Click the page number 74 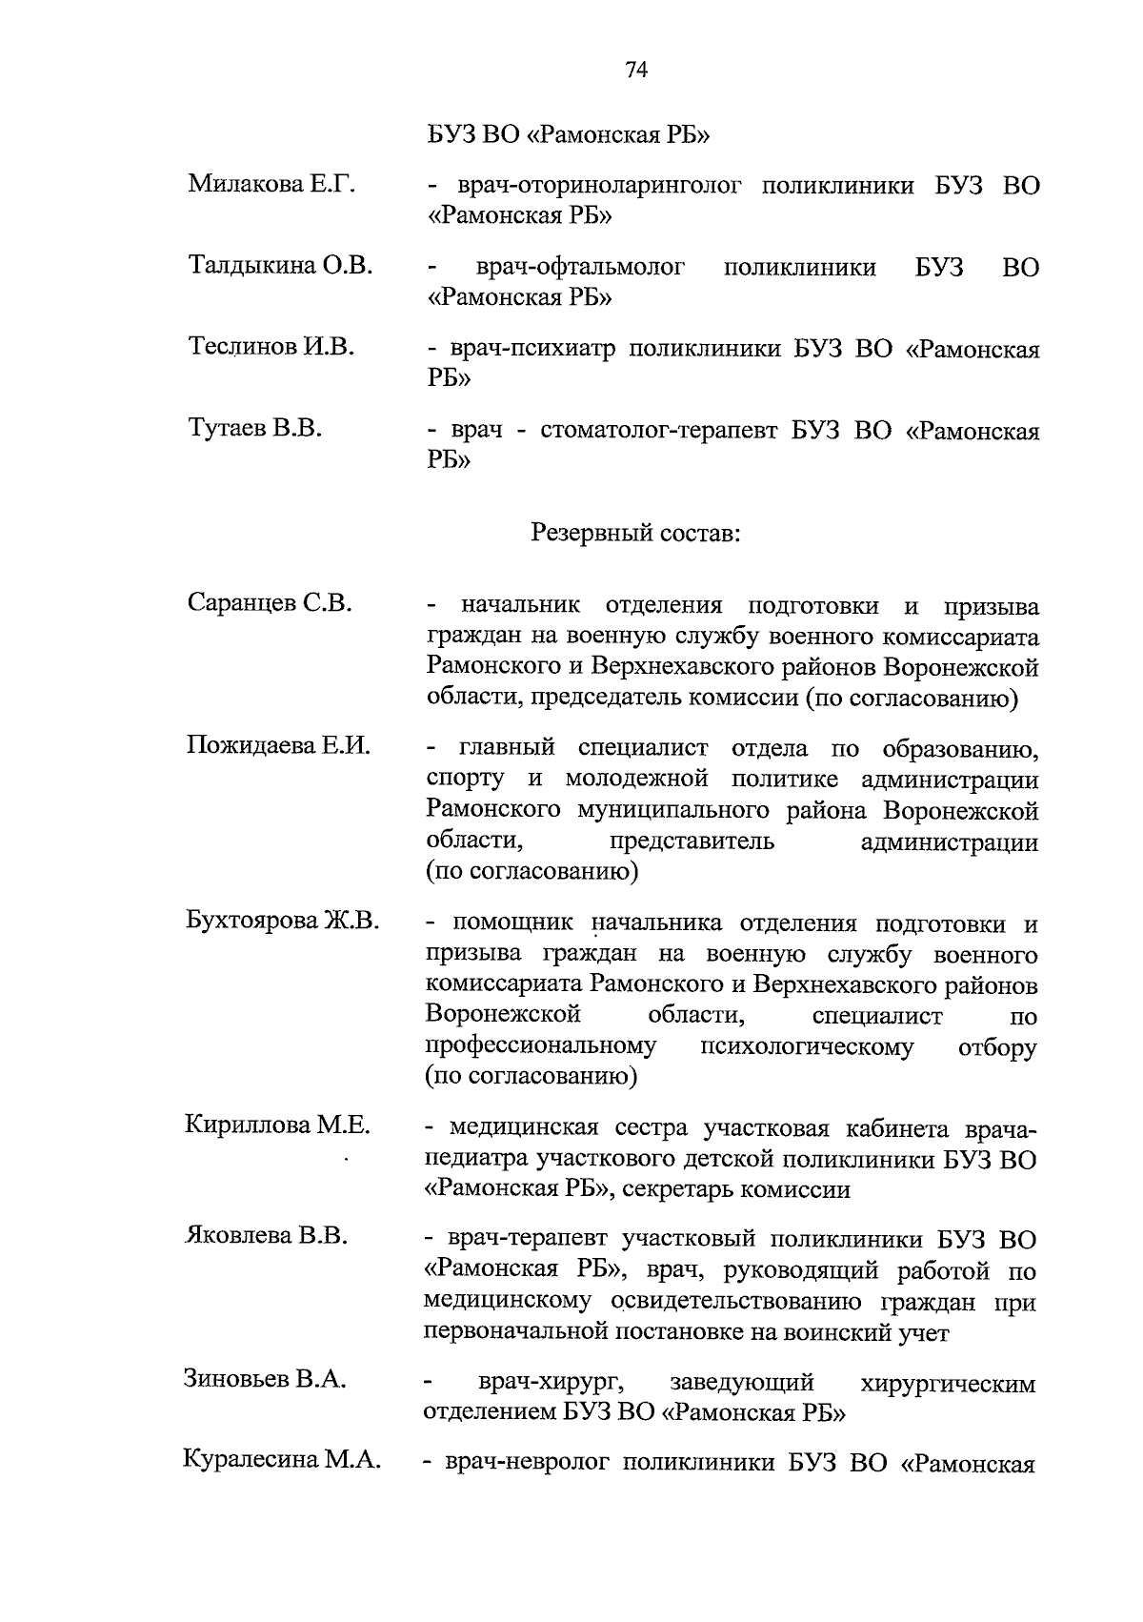[x=637, y=70]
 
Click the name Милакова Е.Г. [x=271, y=184]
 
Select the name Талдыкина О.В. [x=280, y=265]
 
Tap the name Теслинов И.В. [x=271, y=347]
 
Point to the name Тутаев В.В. [x=254, y=429]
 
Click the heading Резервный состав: [x=635, y=533]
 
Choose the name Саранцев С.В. [x=270, y=603]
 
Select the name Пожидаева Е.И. [x=278, y=745]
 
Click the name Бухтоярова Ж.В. [x=282, y=922]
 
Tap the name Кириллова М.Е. [x=277, y=1125]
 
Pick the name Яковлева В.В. [x=266, y=1236]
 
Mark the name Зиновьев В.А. [x=265, y=1379]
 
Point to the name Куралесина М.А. [x=281, y=1460]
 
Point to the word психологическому [x=806, y=1047]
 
